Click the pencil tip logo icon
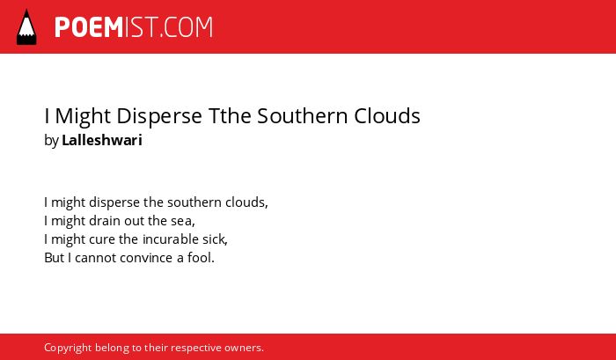coord(26,27)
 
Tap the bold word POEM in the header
coord(89,27)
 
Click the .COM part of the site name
coord(186,27)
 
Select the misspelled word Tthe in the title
coord(230,115)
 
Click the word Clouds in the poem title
coord(387,115)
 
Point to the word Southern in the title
coord(303,115)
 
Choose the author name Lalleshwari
coord(102,140)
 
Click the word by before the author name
coord(51,141)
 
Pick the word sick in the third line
coord(216,239)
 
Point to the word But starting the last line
coord(54,258)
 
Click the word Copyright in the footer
coord(68,349)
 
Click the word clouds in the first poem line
coord(246,202)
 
